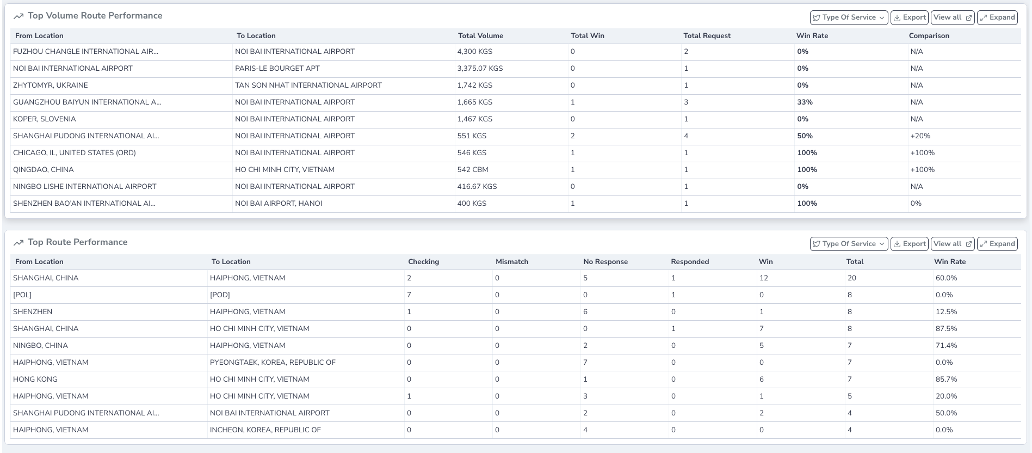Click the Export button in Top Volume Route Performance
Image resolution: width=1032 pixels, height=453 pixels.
(909, 17)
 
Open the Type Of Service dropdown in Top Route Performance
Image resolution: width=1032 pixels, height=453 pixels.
(849, 244)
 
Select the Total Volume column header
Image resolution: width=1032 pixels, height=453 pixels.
(480, 36)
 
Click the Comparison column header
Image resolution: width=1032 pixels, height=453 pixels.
(929, 36)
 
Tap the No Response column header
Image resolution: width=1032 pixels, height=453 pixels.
(605, 262)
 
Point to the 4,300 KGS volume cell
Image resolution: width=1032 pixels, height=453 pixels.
(474, 52)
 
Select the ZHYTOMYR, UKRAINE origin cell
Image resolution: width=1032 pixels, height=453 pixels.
(50, 85)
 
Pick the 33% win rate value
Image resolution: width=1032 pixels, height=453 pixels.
(805, 102)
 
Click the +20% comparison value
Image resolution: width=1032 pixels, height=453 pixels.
(920, 136)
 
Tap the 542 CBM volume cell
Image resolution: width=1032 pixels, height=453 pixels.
(472, 170)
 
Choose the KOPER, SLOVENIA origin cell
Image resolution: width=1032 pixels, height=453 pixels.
(44, 119)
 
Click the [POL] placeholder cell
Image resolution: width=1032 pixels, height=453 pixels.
(22, 295)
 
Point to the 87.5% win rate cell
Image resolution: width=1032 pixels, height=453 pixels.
(946, 329)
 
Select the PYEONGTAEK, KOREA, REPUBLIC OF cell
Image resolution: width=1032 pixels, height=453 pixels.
(273, 363)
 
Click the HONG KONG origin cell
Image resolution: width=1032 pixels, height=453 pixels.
(35, 379)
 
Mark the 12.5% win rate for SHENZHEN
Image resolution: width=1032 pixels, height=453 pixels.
(946, 312)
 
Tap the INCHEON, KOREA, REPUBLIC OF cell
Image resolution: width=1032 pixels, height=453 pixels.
(265, 430)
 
